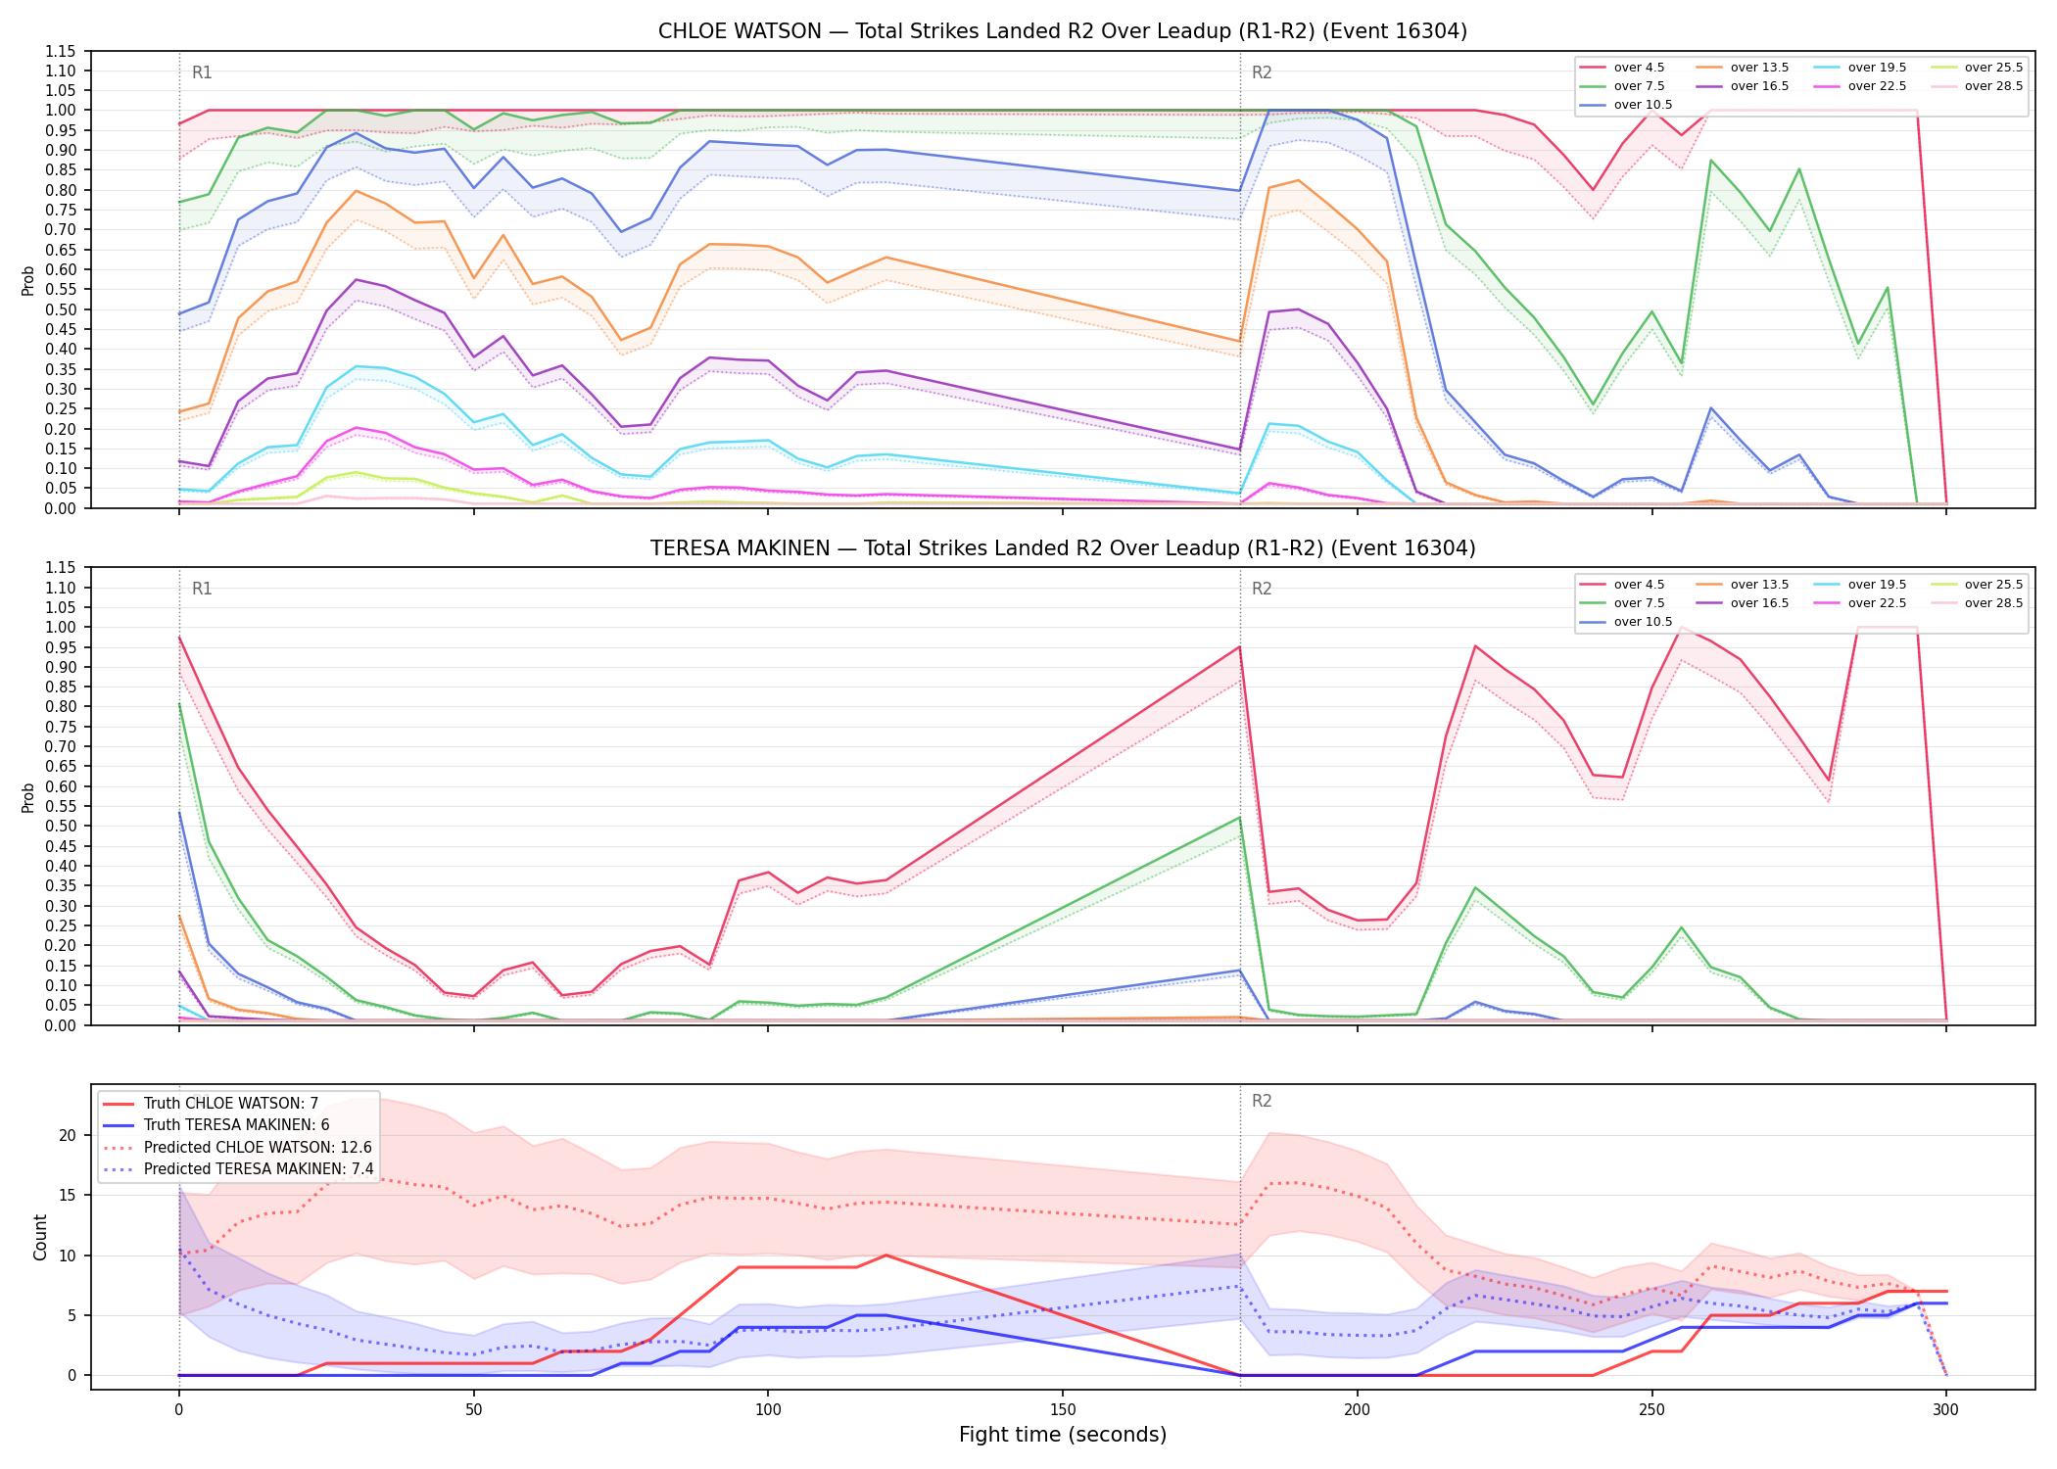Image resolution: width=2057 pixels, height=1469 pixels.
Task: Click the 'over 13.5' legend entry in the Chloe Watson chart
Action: pyautogui.click(x=1743, y=68)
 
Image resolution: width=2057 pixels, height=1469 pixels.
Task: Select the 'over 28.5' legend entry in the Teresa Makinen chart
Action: pyautogui.click(x=1977, y=603)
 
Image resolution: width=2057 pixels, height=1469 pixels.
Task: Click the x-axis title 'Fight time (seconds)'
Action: pyautogui.click(x=1063, y=1435)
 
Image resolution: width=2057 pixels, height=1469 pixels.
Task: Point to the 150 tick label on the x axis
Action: pyautogui.click(x=1063, y=1410)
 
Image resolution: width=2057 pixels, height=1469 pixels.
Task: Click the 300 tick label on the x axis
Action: pyautogui.click(x=1946, y=1410)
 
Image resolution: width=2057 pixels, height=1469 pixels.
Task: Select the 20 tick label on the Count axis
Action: pyautogui.click(x=68, y=1136)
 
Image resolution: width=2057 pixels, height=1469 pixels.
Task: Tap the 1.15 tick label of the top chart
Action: pyautogui.click(x=61, y=51)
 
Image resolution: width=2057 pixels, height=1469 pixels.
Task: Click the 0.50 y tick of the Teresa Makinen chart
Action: pyautogui.click(x=61, y=827)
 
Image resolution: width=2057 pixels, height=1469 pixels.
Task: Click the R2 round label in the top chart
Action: pyautogui.click(x=1262, y=72)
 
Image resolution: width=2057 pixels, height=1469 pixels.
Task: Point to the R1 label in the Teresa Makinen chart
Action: pyautogui.click(x=202, y=589)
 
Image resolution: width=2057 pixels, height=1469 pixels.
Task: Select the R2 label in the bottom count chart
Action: pyautogui.click(x=1262, y=1101)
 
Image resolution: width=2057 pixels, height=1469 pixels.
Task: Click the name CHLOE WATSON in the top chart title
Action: pyautogui.click(x=740, y=31)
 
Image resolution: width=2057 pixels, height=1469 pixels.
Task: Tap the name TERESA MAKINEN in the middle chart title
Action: pyautogui.click(x=740, y=548)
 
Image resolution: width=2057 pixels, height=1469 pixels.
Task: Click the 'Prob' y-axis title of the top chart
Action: pyautogui.click(x=28, y=280)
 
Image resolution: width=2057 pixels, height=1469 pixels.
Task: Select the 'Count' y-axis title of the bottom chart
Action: pyautogui.click(x=40, y=1237)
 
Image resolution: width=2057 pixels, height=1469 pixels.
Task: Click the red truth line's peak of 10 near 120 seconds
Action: pyautogui.click(x=885, y=1255)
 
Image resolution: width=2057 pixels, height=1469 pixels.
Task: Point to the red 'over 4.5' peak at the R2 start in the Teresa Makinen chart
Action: pyautogui.click(x=1240, y=646)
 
